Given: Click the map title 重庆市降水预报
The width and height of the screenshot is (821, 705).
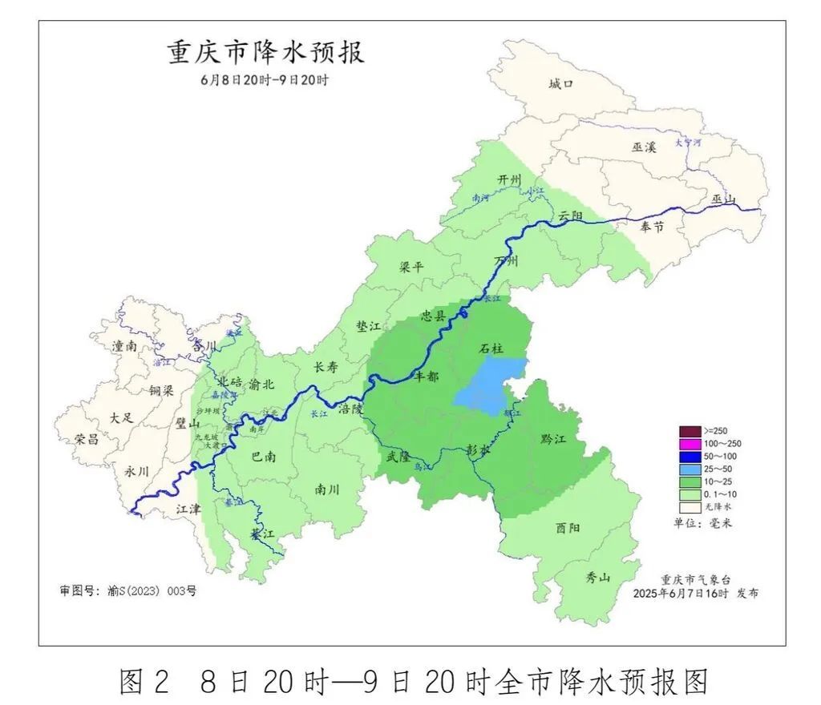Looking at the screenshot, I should pyautogui.click(x=265, y=53).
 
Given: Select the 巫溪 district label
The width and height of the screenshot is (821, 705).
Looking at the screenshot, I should pyautogui.click(x=644, y=147).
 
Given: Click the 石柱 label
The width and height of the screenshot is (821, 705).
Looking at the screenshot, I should pyautogui.click(x=491, y=348).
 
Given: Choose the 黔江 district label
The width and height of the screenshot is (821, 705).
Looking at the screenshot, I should pyautogui.click(x=553, y=439).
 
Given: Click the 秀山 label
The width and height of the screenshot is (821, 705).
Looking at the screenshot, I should pyautogui.click(x=597, y=577).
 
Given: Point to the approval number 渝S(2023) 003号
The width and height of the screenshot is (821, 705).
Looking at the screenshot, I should pyautogui.click(x=127, y=590).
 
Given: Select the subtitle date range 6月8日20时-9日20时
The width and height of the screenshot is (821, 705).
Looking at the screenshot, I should pyautogui.click(x=265, y=80).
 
